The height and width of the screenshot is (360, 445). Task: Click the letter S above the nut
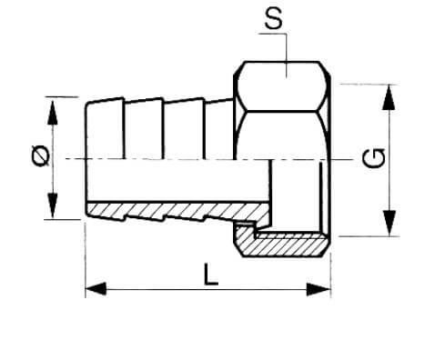point(273,18)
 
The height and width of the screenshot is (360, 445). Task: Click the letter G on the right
point(374,157)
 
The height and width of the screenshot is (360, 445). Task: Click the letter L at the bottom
point(210,275)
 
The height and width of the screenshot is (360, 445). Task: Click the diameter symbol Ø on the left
point(40,155)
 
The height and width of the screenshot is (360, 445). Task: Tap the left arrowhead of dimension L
point(96,289)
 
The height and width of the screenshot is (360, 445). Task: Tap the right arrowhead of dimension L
point(319,289)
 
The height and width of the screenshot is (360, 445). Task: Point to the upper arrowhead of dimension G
point(389,97)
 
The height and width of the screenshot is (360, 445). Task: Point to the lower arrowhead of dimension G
point(389,223)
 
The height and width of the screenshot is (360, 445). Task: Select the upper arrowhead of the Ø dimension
point(53,111)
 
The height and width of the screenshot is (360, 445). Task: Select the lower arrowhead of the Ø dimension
point(53,205)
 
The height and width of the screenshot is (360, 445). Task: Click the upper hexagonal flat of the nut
point(281,86)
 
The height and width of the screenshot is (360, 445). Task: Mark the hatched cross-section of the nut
point(279,243)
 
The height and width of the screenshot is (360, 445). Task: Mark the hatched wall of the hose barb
point(176,211)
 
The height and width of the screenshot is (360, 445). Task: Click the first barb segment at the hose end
point(105,130)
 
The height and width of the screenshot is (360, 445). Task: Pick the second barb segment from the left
point(144,130)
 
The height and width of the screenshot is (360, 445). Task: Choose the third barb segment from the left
point(184,130)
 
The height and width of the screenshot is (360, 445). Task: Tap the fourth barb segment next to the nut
point(219,129)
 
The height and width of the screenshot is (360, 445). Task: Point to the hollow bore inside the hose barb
point(177,180)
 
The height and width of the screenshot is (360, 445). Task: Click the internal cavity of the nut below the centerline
point(296,197)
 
